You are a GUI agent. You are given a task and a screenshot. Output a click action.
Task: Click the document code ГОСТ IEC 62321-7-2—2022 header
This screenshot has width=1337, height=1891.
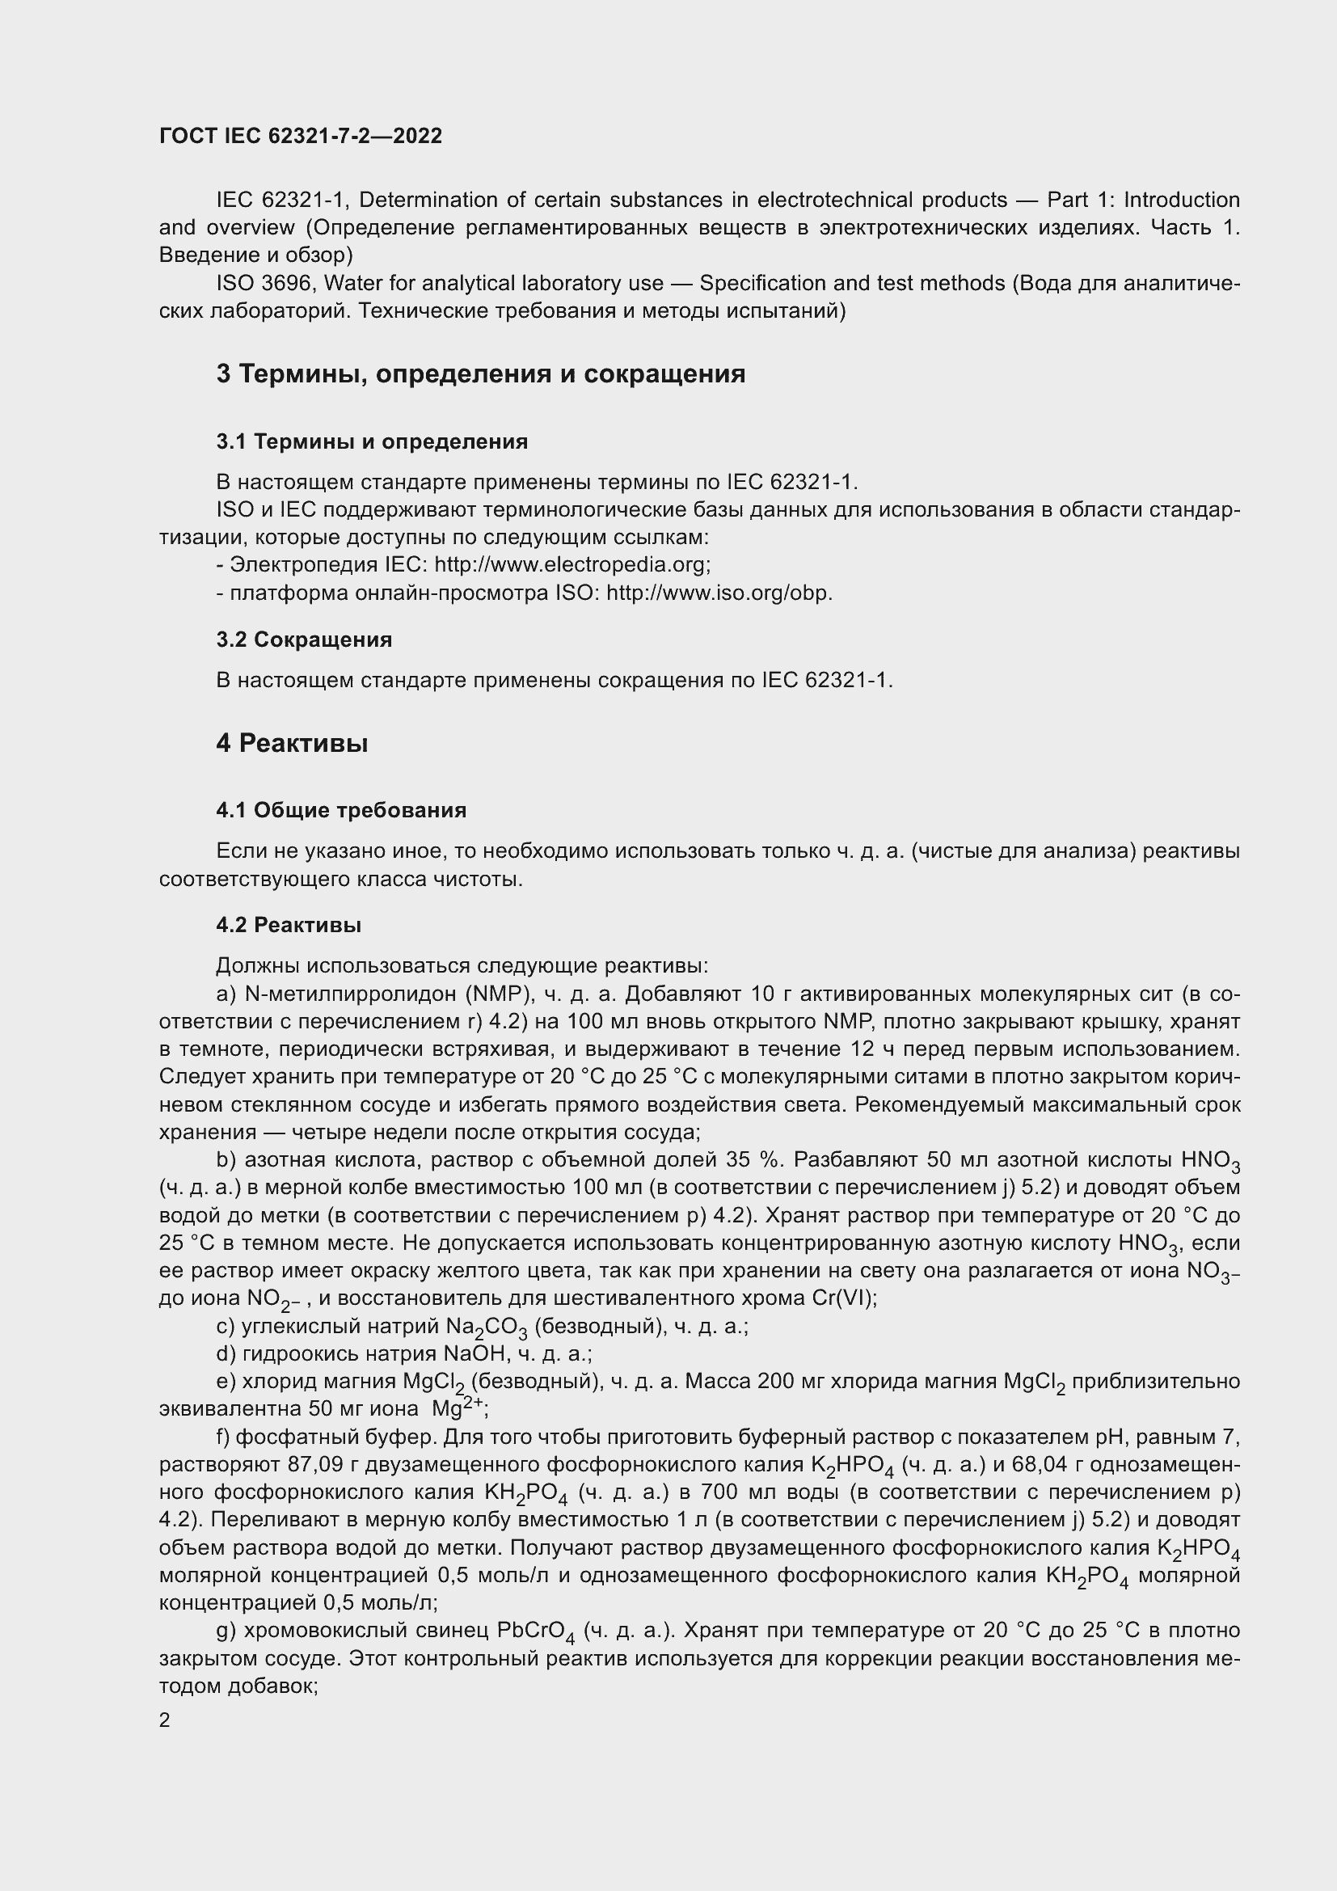[301, 136]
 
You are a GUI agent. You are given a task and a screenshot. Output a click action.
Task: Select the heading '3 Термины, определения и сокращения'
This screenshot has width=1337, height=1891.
[481, 374]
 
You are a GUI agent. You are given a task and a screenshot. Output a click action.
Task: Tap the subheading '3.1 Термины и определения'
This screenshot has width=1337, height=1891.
[372, 441]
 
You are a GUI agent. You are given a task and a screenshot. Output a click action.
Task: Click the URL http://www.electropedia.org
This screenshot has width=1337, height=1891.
[571, 565]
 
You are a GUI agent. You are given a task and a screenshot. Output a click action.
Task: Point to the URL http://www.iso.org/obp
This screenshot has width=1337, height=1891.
[719, 593]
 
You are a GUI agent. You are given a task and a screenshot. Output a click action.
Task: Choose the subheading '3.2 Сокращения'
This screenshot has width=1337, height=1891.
[304, 639]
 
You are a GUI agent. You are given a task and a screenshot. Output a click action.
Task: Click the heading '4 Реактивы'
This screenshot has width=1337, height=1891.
[293, 744]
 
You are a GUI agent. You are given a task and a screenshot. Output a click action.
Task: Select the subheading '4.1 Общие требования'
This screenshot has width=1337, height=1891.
[341, 810]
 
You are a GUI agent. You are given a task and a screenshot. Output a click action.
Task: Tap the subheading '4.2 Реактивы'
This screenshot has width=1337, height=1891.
[289, 925]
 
